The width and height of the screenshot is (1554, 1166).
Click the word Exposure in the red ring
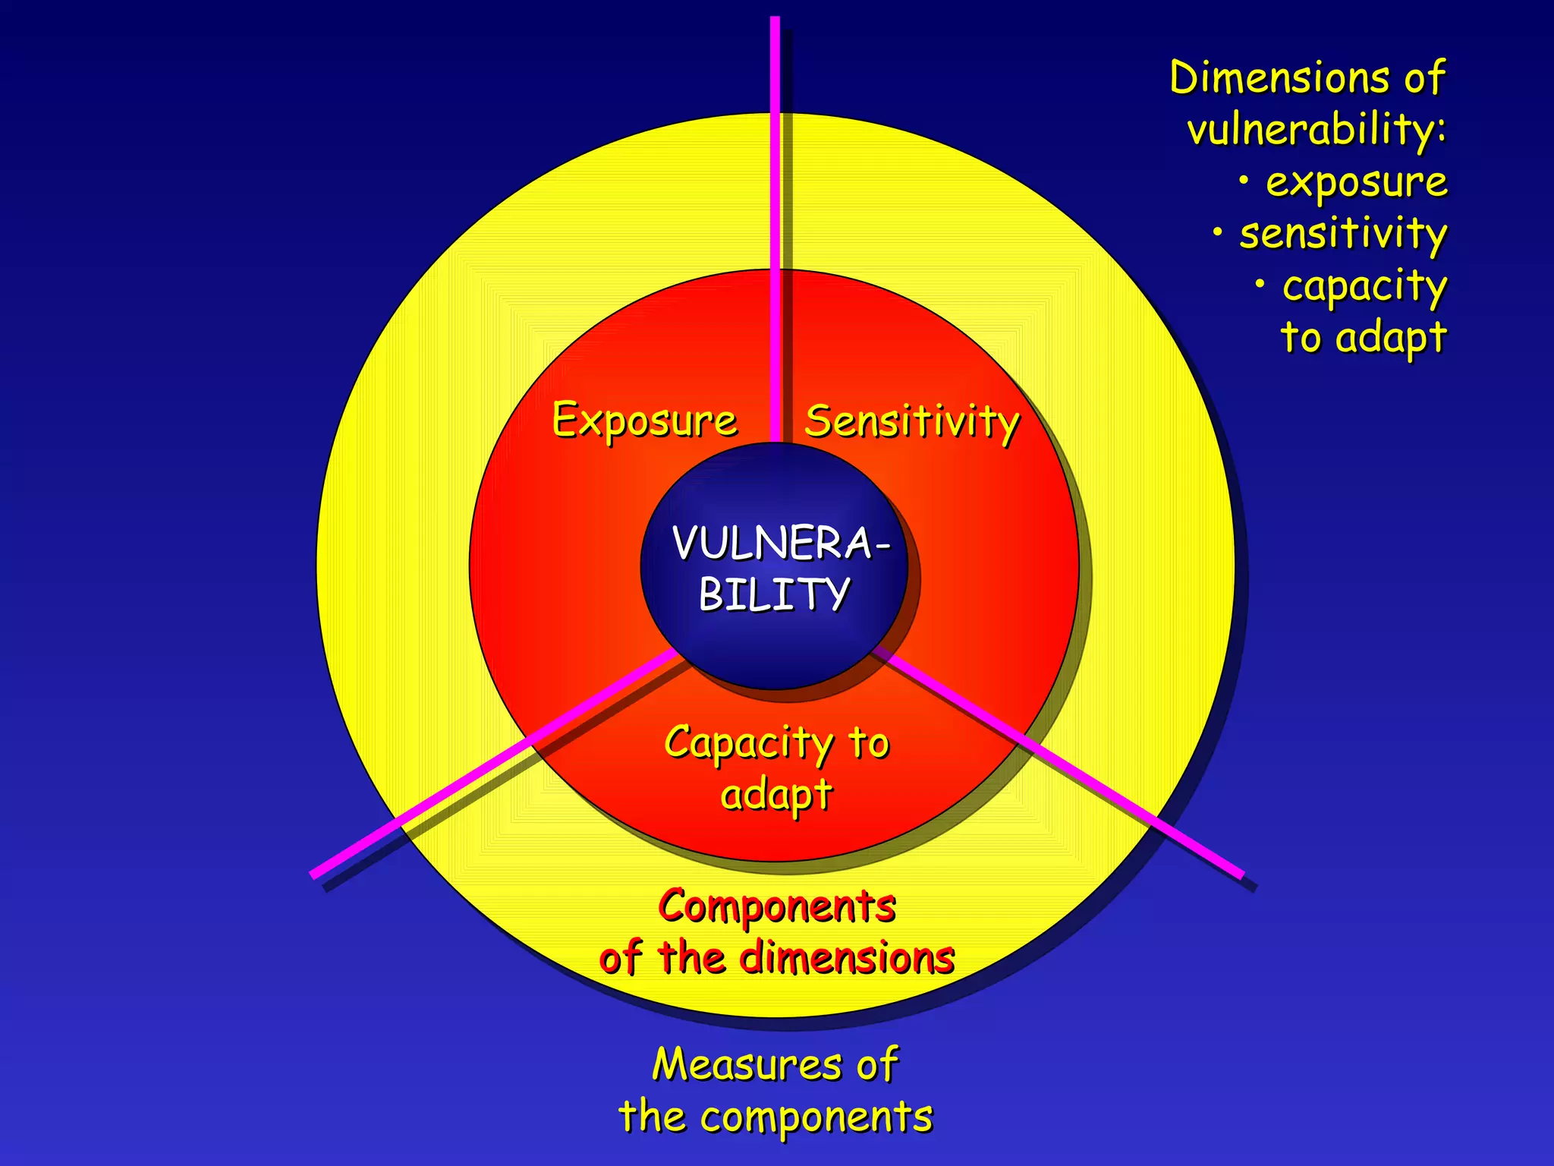pyautogui.click(x=644, y=421)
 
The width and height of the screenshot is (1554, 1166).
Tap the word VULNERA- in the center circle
pyautogui.click(x=780, y=544)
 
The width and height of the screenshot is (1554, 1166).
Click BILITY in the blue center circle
pyautogui.click(x=774, y=594)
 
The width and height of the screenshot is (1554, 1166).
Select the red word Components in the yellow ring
pyautogui.click(x=777, y=906)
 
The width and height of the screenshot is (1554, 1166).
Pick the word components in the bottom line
pyautogui.click(x=816, y=1117)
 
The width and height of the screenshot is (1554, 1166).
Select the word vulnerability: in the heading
pyautogui.click(x=1316, y=130)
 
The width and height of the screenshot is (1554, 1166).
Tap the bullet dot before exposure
pyautogui.click(x=1244, y=181)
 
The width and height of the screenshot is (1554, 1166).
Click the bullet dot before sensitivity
pyautogui.click(x=1218, y=232)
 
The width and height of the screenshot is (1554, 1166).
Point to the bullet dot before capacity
pyautogui.click(x=1260, y=285)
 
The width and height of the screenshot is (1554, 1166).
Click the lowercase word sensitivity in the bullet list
pyautogui.click(x=1343, y=234)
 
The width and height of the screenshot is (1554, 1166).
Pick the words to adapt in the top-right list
pyautogui.click(x=1364, y=338)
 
